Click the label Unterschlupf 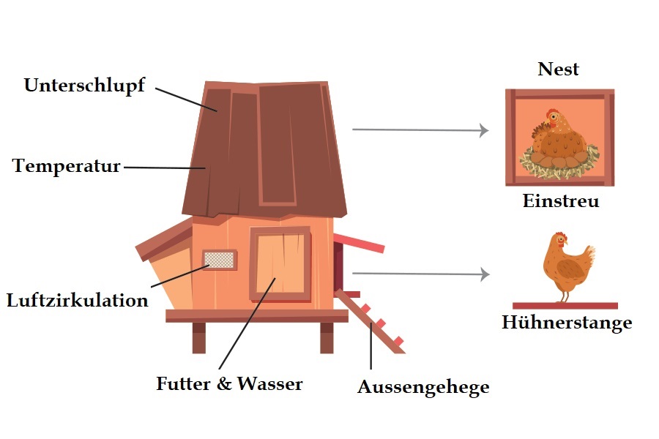84,86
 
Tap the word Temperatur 67,166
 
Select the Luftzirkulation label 77,300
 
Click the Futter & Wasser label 229,383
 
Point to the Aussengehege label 423,387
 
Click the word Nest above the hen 558,70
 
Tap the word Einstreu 560,201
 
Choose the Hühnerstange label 567,323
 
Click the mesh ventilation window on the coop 220,260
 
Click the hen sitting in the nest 559,135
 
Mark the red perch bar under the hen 565,305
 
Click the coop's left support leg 198,337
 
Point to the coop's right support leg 326,337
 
